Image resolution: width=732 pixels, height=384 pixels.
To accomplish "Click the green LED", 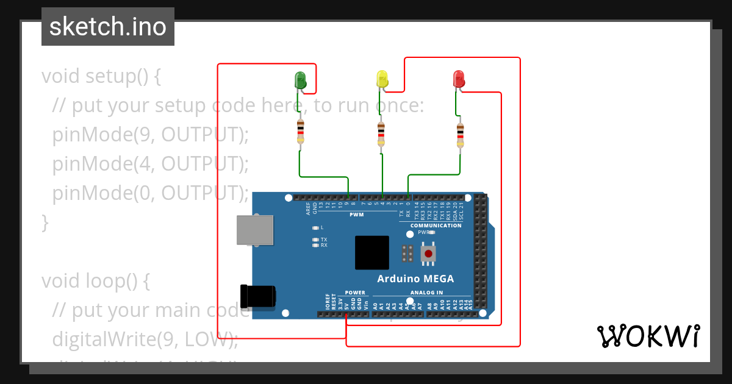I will [x=300, y=79].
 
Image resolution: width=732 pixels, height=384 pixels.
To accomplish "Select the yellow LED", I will [x=382, y=79].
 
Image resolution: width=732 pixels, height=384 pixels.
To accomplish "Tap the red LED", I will [x=459, y=79].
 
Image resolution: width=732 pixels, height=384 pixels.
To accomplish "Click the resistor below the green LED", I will [x=300, y=133].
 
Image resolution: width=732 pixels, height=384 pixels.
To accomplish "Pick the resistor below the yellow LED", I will [x=381, y=133].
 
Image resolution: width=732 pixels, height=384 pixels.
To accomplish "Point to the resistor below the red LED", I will [x=460, y=133].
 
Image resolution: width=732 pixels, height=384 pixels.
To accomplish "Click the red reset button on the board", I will [x=429, y=253].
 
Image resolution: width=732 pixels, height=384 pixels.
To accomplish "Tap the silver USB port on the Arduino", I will [x=255, y=230].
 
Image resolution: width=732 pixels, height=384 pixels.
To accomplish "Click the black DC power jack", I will [x=257, y=296].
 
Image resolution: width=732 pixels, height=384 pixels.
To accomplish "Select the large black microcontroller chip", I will [x=371, y=252].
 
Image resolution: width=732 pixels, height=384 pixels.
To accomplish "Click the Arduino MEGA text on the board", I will [x=415, y=279].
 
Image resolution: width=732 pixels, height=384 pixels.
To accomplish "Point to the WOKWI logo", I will [x=648, y=336].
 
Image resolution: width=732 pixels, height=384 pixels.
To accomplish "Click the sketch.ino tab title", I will [x=108, y=27].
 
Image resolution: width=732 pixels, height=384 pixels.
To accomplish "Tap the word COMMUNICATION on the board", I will [x=436, y=226].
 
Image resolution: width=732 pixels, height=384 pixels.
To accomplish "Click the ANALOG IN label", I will [x=426, y=293].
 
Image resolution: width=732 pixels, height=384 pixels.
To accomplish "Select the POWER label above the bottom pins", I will [x=355, y=293].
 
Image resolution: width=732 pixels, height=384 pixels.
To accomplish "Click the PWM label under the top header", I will [x=356, y=215].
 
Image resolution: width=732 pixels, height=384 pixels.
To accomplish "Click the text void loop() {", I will [x=96, y=281].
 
